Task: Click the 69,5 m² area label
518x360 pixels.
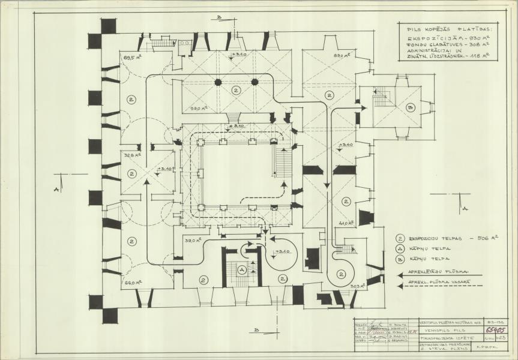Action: click(131, 58)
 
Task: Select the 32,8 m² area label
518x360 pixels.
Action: click(131, 154)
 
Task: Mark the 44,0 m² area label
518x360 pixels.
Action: click(344, 223)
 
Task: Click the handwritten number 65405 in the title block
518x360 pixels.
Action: click(496, 330)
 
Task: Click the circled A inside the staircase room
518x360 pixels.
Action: click(242, 271)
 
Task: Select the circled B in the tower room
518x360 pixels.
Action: click(411, 108)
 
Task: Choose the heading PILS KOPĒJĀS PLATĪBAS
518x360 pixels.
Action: click(444, 28)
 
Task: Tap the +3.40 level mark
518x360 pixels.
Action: click(345, 145)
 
